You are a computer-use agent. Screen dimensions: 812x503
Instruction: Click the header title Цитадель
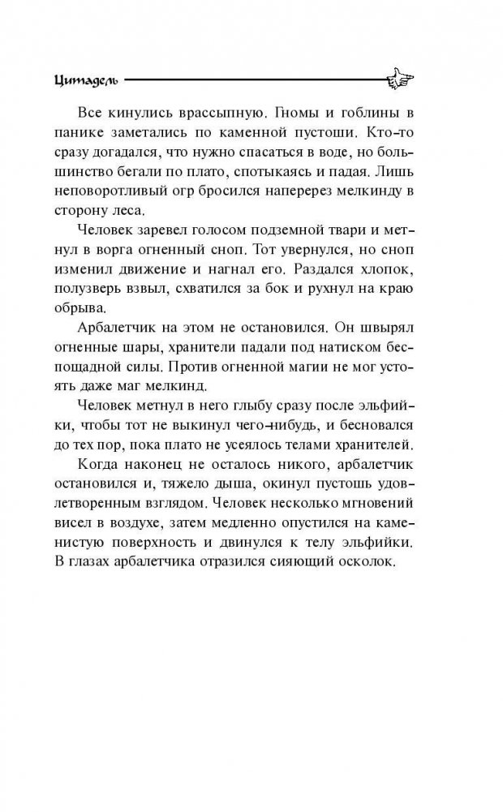[x=85, y=79]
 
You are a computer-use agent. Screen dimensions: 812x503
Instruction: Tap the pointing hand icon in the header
[x=397, y=79]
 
